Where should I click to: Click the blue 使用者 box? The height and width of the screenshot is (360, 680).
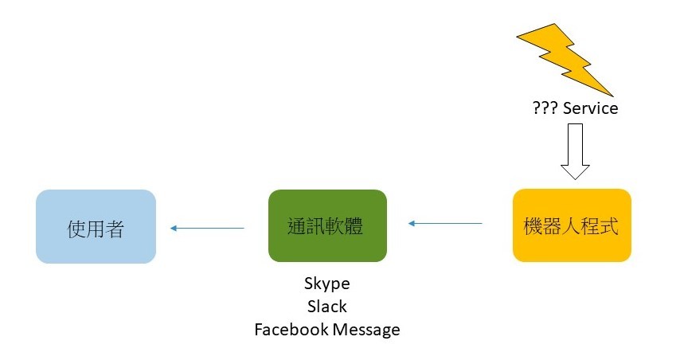[x=96, y=226]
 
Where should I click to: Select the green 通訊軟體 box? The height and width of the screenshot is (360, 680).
[x=327, y=225]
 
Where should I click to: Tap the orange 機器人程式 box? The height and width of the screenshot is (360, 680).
[x=572, y=225]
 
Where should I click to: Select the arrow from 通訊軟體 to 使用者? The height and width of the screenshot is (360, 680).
[x=207, y=229]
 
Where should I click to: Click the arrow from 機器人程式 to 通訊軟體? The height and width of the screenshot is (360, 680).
[x=445, y=224]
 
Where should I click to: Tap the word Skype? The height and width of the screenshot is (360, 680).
[x=326, y=284]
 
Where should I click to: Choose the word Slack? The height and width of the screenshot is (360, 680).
[x=326, y=306]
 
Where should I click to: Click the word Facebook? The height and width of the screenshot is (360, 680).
[x=291, y=330]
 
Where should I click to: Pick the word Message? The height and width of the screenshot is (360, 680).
[x=366, y=330]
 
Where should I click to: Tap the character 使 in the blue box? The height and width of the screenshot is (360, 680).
[x=76, y=229]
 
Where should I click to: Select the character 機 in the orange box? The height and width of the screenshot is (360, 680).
[x=533, y=226]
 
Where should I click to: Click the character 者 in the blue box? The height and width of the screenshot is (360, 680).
[x=115, y=229]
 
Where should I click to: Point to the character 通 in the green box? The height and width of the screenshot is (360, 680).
[x=297, y=226]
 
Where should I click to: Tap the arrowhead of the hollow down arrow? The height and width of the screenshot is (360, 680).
[x=575, y=170]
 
